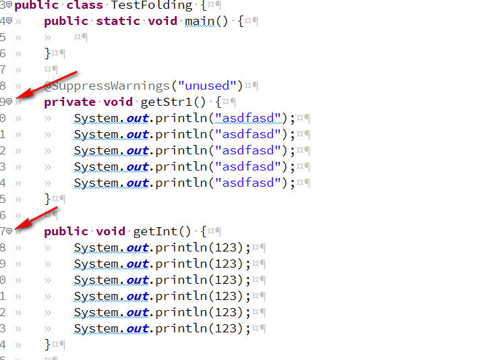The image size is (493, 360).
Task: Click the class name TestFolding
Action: (152, 5)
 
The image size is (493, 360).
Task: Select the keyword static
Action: (118, 21)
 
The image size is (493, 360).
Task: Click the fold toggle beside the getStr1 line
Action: (9, 102)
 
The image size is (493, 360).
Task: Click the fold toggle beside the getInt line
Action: (9, 231)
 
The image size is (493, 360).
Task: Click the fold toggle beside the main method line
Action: (9, 21)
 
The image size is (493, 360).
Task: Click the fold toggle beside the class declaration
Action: (9, 5)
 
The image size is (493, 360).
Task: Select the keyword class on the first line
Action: (84, 5)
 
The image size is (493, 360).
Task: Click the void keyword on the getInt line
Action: (111, 231)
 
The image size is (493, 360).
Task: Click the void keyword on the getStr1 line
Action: (118, 102)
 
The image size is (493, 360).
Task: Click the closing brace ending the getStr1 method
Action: (47, 199)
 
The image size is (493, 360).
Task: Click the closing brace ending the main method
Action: (47, 53)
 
